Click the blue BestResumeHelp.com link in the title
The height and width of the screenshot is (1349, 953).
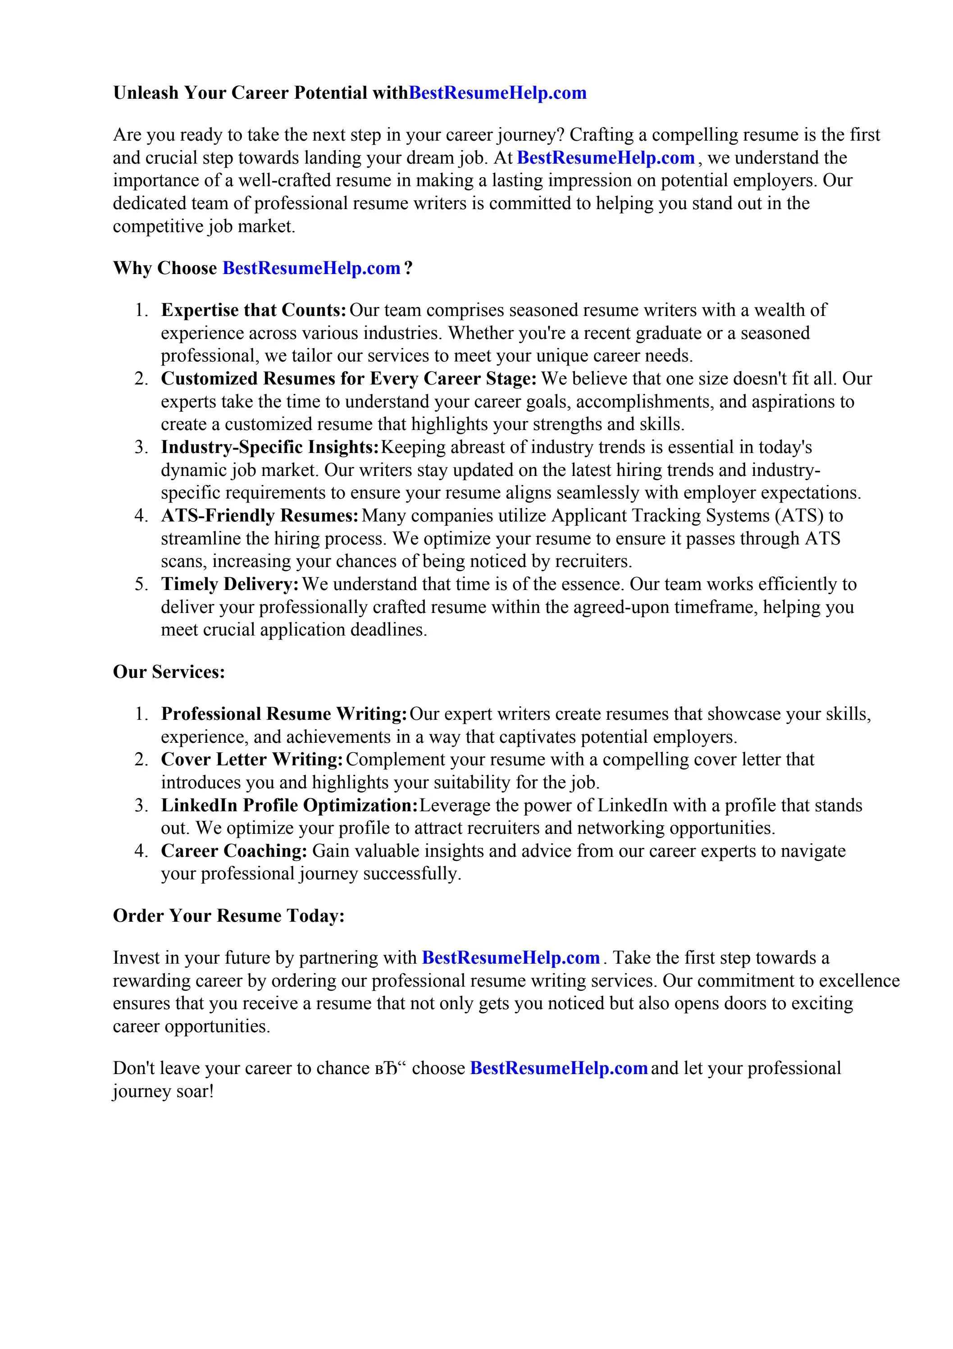pos(497,93)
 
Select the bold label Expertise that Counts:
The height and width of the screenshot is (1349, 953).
pos(254,310)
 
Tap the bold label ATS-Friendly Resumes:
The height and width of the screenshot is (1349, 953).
pos(260,515)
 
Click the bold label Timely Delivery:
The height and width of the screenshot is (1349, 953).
pos(230,584)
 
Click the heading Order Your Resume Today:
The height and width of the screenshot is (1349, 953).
pos(228,915)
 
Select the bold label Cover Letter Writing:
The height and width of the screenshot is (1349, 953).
pos(252,759)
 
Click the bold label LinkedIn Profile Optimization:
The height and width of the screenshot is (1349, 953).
pos(289,805)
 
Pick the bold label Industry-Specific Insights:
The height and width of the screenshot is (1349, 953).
pos(270,447)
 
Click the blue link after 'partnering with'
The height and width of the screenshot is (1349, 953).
pos(510,958)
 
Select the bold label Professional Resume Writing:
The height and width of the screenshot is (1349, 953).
pos(284,714)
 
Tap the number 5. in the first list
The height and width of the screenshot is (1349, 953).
pos(141,584)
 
